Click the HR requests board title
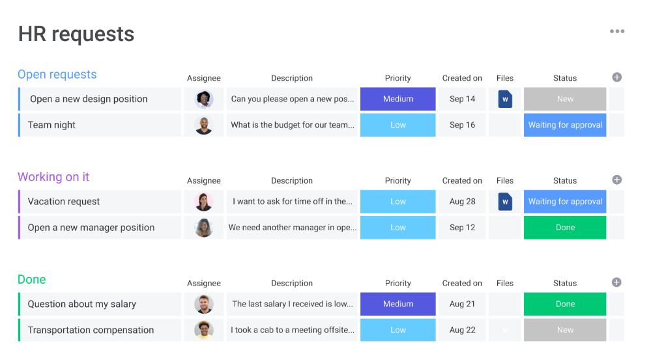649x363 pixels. coord(76,34)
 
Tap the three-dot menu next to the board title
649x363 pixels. coord(616,31)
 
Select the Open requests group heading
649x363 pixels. coord(57,75)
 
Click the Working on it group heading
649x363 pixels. coord(53,177)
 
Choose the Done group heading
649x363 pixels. coord(32,280)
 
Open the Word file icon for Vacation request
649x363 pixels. coord(505,202)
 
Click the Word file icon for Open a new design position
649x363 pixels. coord(505,99)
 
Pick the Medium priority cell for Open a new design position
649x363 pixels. coord(398,99)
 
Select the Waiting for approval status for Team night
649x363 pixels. coord(565,125)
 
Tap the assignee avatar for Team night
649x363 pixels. coord(204,125)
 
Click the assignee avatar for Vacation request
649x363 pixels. coord(204,202)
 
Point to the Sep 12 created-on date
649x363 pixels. coord(462,228)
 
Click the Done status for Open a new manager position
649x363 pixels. coord(565,228)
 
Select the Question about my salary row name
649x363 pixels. coord(82,304)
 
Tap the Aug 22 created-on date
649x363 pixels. coord(462,330)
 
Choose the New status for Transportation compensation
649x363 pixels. coord(565,330)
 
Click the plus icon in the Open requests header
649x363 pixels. coord(616,77)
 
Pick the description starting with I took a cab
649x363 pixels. coord(292,330)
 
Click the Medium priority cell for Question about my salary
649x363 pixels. coord(398,304)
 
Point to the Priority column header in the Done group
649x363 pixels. coord(398,284)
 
